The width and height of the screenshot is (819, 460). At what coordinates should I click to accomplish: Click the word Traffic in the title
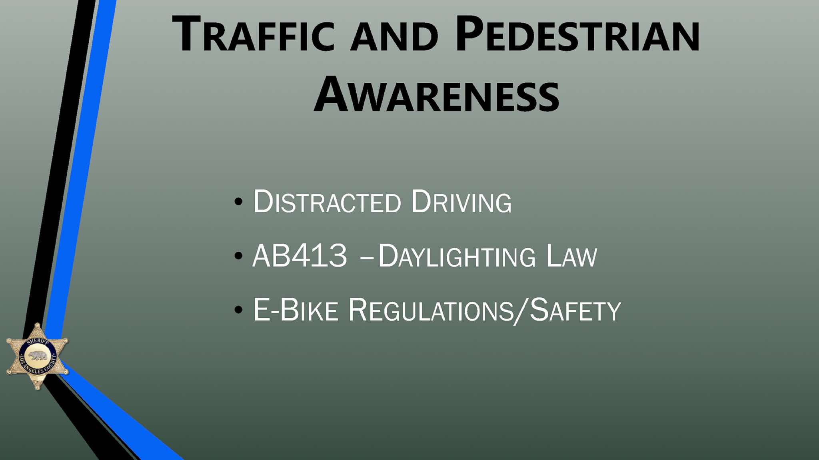pyautogui.click(x=253, y=34)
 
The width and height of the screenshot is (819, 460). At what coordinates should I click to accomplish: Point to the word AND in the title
pyautogui.click(x=394, y=37)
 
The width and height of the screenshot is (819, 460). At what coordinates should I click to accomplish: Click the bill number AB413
pyautogui.click(x=300, y=255)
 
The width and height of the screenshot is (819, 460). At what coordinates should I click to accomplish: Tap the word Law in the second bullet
pyautogui.click(x=572, y=255)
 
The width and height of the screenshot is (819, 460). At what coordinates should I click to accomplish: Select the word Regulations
pyautogui.click(x=431, y=310)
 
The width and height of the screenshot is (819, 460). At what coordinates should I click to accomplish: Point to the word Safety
pyautogui.click(x=575, y=309)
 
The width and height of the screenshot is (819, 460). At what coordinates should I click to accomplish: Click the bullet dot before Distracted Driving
pyautogui.click(x=239, y=201)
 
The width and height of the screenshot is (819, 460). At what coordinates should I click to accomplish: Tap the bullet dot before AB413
pyautogui.click(x=239, y=256)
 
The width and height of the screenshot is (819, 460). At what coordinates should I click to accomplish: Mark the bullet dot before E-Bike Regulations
pyautogui.click(x=239, y=310)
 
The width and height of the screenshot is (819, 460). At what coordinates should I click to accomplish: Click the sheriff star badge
pyautogui.click(x=38, y=356)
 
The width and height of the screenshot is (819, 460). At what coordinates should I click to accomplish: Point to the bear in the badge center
pyautogui.click(x=38, y=356)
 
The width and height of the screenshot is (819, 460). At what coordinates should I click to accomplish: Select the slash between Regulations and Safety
pyautogui.click(x=521, y=311)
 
